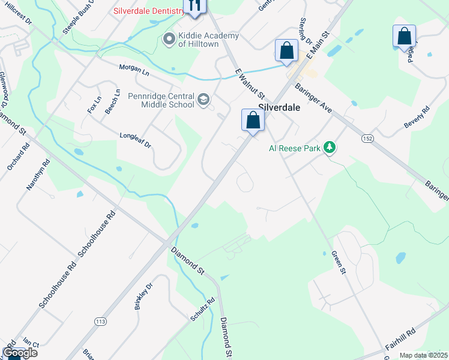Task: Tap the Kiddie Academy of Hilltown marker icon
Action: click(169, 40)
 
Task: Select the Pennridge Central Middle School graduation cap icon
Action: click(204, 100)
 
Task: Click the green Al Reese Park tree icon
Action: click(329, 147)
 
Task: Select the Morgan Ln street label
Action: click(134, 71)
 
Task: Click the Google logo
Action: click(19, 353)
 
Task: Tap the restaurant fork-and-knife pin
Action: click(194, 5)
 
